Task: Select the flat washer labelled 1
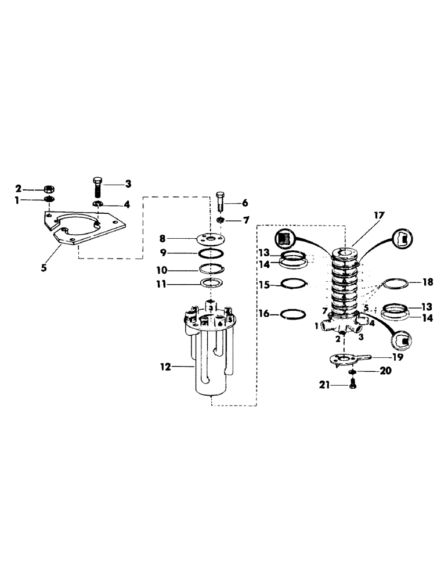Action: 49,200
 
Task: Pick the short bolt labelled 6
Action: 221,203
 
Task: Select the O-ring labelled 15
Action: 293,284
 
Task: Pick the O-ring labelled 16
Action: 293,314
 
